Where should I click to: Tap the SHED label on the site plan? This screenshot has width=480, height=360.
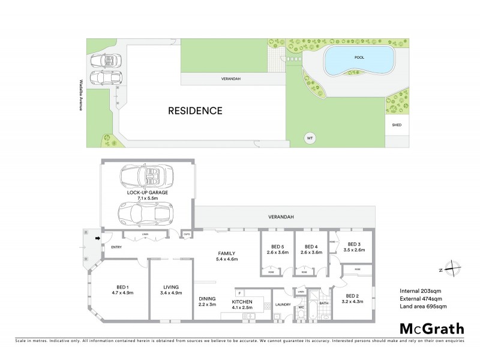click(x=396, y=125)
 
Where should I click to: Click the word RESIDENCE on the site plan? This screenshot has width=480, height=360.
click(x=195, y=110)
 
